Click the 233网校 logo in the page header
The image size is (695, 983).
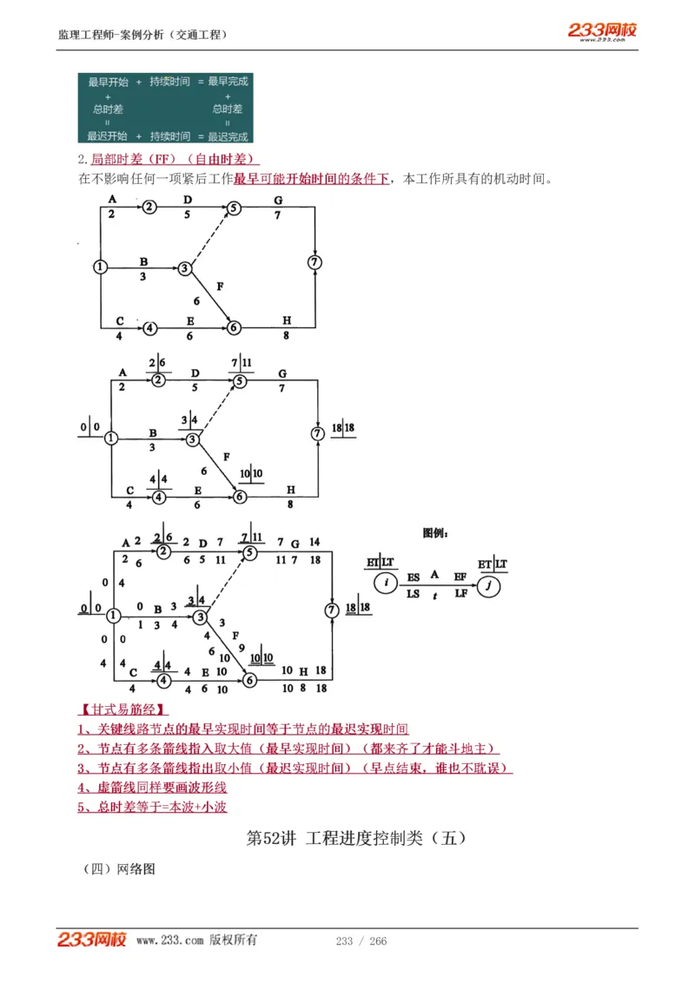(x=602, y=31)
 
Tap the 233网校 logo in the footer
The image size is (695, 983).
(x=92, y=940)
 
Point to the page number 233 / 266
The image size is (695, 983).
(x=361, y=941)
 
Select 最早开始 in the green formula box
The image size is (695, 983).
(x=108, y=82)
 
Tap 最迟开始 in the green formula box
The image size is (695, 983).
(x=108, y=136)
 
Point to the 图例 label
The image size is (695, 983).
(x=435, y=533)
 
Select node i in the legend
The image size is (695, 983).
(x=386, y=584)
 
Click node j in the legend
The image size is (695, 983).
(x=490, y=585)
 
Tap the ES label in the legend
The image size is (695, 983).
(x=413, y=576)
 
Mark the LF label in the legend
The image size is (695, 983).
(x=460, y=593)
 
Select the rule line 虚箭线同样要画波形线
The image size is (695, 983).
(x=152, y=788)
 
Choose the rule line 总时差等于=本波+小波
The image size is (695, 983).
(x=152, y=807)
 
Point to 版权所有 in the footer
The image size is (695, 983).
(x=233, y=940)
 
